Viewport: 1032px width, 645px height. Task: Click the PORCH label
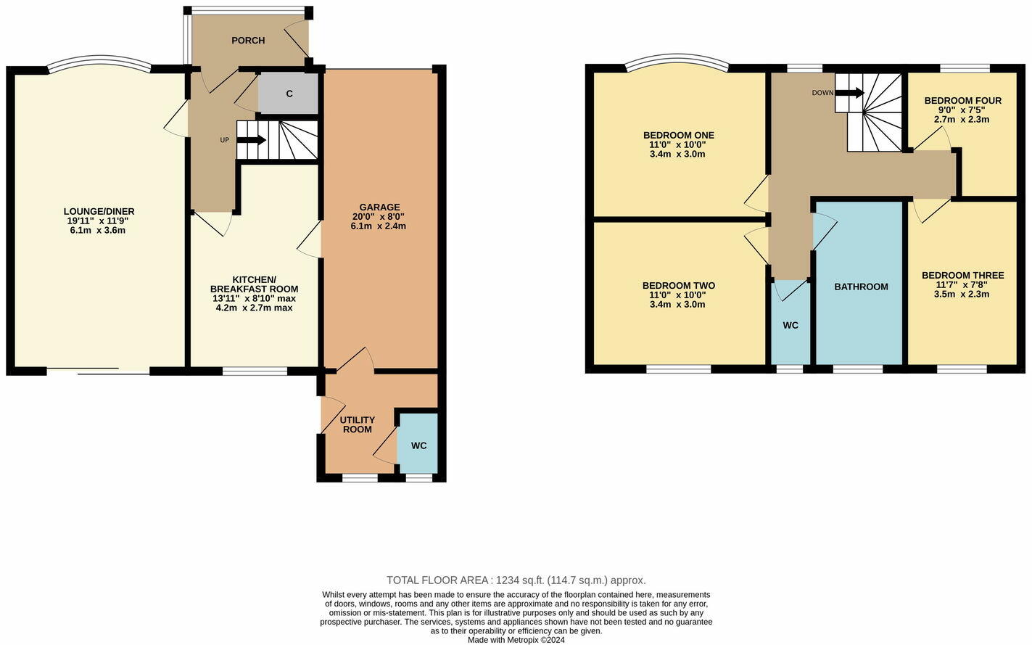248,41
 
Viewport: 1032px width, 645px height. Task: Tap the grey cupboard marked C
289,94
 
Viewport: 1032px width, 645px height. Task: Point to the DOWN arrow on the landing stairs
849,93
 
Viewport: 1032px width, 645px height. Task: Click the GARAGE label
379,208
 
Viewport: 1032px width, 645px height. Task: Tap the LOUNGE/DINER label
99,212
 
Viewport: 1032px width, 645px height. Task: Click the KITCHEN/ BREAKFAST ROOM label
254,284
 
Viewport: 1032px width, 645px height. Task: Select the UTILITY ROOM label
358,424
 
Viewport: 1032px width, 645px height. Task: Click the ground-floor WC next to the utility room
418,445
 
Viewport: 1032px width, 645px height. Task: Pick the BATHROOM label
861,287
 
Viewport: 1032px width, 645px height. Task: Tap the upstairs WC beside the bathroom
790,326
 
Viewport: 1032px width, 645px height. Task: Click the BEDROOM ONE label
678,136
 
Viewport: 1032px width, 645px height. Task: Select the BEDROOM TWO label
678,286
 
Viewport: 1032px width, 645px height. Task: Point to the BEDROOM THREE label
962,276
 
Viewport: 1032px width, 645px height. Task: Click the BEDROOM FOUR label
962,101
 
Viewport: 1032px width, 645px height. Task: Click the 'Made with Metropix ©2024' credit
516,640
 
